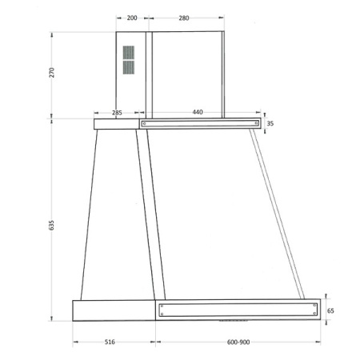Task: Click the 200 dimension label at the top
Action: click(132, 18)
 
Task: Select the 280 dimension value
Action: click(184, 18)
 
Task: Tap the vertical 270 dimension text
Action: click(51, 73)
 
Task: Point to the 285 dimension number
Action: click(117, 113)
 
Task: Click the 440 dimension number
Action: click(198, 112)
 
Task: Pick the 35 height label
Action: click(270, 123)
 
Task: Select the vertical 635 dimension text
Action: click(51, 226)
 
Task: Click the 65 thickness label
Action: click(330, 310)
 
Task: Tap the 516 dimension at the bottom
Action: click(110, 342)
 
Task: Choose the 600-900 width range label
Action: click(238, 342)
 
